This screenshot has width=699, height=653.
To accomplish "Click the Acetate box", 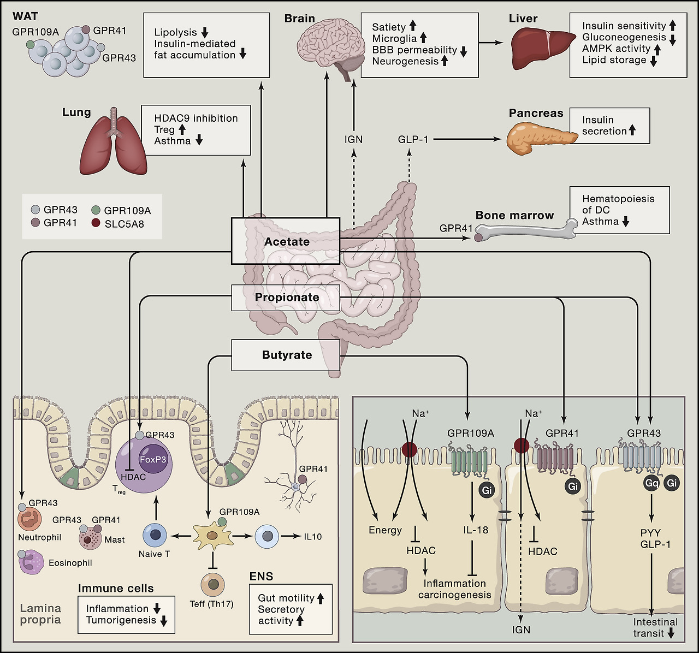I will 286,241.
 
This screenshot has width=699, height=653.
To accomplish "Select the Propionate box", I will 286,298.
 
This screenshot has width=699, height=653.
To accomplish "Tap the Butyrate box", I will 286,355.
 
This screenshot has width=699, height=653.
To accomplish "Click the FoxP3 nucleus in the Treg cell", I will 153,460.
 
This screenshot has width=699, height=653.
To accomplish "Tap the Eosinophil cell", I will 32,562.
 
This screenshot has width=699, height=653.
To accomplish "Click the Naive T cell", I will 155,536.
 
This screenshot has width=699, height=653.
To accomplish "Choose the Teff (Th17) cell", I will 212,585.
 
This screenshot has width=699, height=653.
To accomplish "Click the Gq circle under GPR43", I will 651,483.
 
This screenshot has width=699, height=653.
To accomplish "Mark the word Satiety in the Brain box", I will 389,27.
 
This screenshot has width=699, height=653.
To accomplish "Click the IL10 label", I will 313,537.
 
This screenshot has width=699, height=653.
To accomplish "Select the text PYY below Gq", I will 651,533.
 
